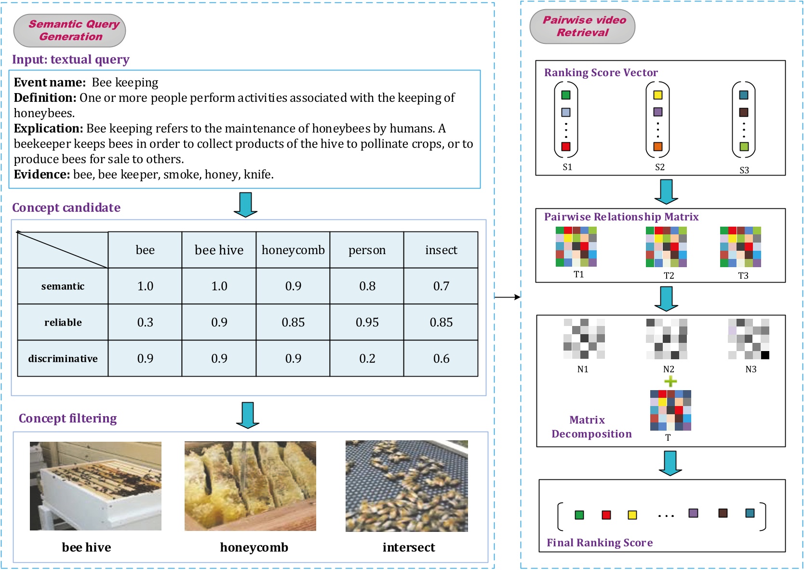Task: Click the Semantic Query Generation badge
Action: point(70,30)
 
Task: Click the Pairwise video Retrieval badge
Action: point(582,27)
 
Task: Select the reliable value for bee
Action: point(145,322)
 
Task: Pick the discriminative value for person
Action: point(367,358)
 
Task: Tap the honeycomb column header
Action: point(293,250)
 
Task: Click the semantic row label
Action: point(63,286)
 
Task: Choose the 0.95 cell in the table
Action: point(367,322)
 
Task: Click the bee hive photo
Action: point(95,486)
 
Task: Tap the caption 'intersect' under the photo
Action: point(408,547)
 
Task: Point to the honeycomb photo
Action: point(250,486)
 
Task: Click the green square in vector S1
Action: point(566,95)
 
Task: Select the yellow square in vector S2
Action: point(658,95)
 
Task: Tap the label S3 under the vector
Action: point(744,170)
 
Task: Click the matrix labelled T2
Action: point(666,247)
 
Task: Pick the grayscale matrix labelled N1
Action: point(584,339)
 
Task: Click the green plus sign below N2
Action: point(670,382)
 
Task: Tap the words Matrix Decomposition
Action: point(591,427)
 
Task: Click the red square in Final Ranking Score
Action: point(606,515)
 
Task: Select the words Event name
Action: point(50,82)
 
